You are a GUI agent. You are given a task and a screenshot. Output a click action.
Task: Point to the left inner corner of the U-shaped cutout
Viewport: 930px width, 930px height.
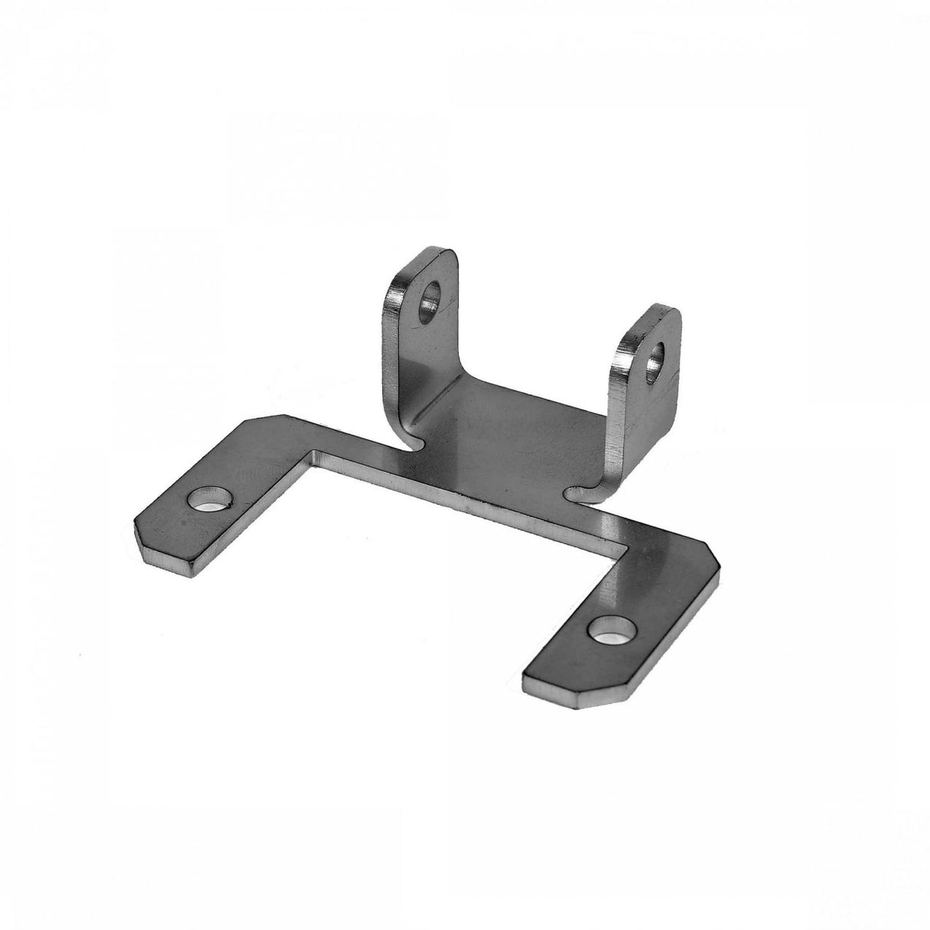coord(312,453)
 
